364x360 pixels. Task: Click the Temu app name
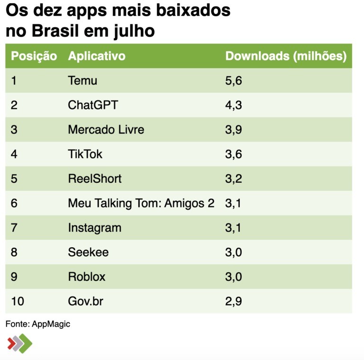coord(82,81)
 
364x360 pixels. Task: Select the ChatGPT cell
coord(93,105)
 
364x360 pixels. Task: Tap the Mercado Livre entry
coord(106,129)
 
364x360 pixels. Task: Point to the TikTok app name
coord(85,154)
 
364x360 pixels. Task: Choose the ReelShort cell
coord(94,179)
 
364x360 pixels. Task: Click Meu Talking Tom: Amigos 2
coord(141,203)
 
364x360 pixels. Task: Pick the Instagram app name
coord(94,228)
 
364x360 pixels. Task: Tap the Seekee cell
coord(88,252)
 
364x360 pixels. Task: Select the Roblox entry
coord(86,277)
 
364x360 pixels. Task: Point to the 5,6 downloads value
coord(233,81)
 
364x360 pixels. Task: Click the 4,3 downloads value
coord(233,105)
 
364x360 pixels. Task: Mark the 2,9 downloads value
coord(233,301)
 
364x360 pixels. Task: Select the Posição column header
coord(34,56)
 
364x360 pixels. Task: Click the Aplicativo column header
coord(97,56)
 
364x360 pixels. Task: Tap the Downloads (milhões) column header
coord(285,56)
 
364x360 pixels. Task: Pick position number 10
coord(17,301)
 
